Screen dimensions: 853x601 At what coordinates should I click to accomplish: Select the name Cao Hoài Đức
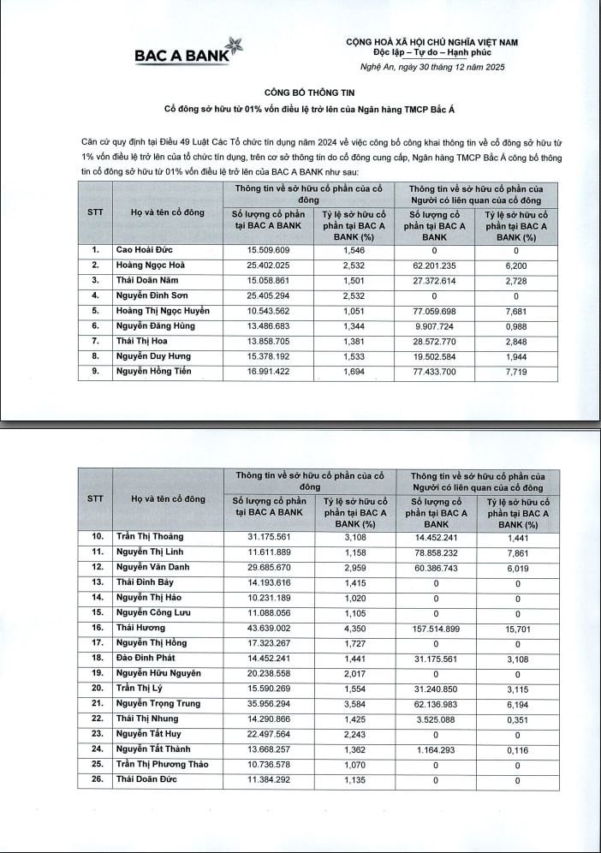tap(145, 250)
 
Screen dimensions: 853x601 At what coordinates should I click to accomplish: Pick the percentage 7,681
tap(516, 311)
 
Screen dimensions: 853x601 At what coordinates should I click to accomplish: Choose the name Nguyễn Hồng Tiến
tap(154, 372)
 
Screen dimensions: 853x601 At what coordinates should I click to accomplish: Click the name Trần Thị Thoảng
tap(150, 537)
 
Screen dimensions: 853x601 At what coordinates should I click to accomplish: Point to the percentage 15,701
tap(517, 628)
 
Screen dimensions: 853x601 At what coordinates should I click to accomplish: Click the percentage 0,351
tap(517, 719)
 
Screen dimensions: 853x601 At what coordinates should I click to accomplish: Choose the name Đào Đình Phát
tap(146, 659)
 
